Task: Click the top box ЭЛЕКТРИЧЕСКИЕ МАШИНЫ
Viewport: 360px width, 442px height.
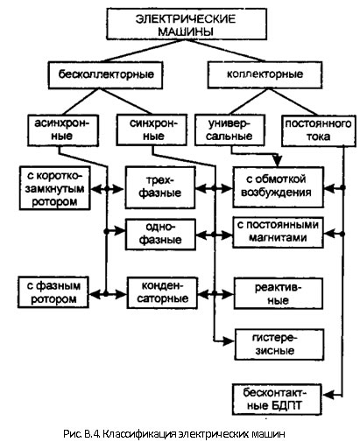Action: click(187, 24)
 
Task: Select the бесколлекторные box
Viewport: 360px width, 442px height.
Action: click(105, 74)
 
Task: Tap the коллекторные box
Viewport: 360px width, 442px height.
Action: click(265, 74)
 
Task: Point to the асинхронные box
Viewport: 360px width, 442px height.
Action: click(63, 130)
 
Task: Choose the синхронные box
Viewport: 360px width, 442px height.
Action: click(152, 130)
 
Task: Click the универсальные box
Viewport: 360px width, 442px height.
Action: click(229, 130)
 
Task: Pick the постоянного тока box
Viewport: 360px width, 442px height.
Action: click(319, 130)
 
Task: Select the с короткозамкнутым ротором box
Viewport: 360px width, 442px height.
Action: click(55, 188)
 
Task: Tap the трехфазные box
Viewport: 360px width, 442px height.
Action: click(160, 187)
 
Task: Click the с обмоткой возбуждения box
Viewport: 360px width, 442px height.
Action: click(278, 187)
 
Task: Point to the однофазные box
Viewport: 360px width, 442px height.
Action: click(160, 235)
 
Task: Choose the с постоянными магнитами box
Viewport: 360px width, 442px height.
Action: click(278, 232)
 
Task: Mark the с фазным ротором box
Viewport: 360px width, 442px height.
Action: click(53, 292)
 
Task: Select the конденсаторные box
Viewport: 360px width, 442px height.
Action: click(162, 292)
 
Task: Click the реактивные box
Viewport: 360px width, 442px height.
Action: click(279, 293)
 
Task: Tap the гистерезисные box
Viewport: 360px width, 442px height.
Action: click(279, 345)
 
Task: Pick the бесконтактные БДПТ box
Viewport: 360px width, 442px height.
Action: click(277, 399)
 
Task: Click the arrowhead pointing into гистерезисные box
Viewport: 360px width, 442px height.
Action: click(229, 340)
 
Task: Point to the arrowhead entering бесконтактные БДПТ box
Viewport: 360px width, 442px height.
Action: click(328, 395)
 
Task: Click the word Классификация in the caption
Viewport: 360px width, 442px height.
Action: click(140, 434)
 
